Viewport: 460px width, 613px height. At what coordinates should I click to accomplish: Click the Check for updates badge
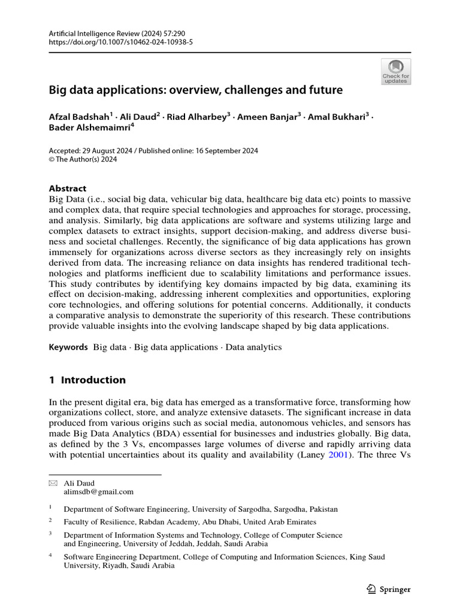[x=395, y=71]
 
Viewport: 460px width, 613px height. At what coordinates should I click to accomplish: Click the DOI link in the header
[x=120, y=43]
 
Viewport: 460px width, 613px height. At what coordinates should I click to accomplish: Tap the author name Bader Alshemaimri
[x=90, y=128]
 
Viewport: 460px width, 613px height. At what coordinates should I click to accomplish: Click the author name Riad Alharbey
[x=198, y=117]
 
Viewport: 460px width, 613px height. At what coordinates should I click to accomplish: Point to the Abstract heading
[x=68, y=188]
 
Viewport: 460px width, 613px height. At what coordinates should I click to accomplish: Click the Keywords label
[x=68, y=347]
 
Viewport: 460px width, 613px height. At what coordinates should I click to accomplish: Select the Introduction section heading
[x=87, y=380]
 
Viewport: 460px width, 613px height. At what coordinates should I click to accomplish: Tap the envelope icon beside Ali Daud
[x=53, y=483]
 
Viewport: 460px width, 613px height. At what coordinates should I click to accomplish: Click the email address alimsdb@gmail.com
[x=99, y=492]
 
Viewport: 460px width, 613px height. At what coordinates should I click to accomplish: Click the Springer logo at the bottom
[x=388, y=589]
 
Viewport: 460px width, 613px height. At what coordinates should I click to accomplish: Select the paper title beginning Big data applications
[x=196, y=90]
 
